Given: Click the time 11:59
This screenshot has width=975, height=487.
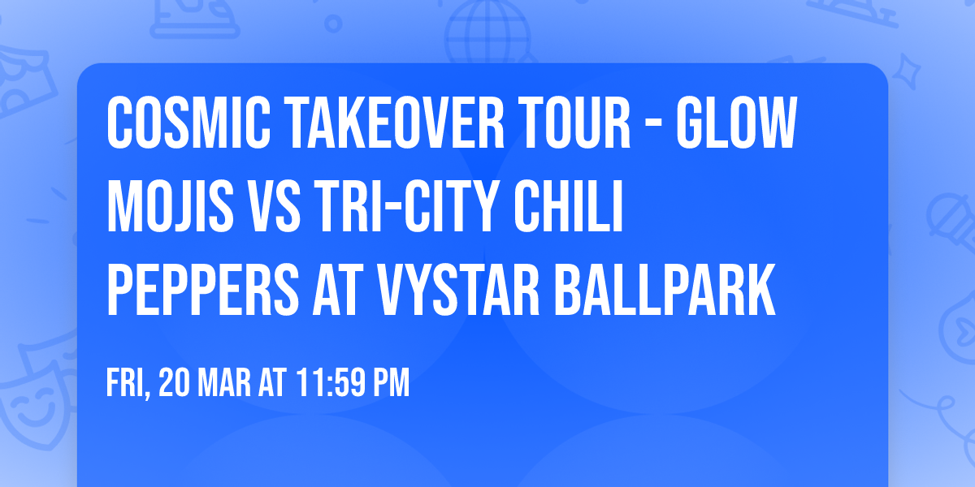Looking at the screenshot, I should click(x=329, y=383).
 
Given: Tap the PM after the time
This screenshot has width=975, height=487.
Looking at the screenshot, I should click(x=392, y=383).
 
